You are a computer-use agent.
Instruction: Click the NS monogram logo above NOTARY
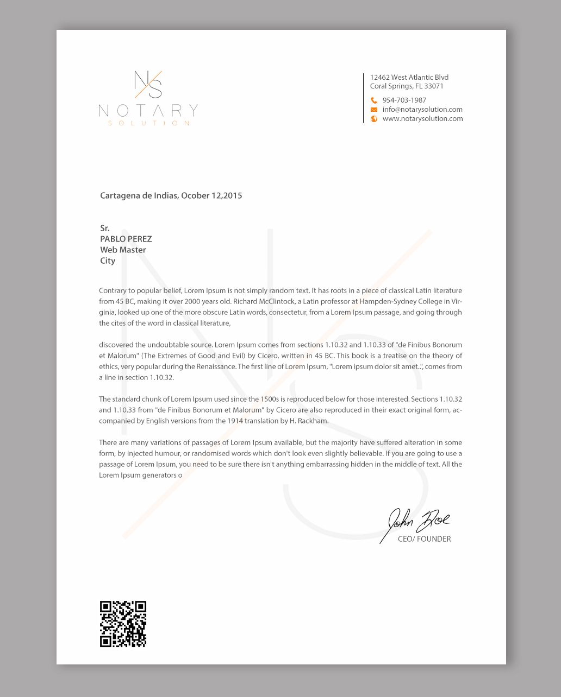[148, 85]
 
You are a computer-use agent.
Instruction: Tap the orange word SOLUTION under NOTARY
[149, 123]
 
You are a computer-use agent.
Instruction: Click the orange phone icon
[374, 100]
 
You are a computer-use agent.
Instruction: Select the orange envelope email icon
[374, 110]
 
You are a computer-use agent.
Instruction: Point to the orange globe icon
[374, 119]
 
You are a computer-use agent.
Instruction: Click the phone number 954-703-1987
[404, 100]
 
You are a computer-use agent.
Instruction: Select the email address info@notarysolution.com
[422, 110]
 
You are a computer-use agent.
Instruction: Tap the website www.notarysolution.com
[422, 119]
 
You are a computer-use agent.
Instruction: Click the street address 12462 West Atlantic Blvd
[409, 78]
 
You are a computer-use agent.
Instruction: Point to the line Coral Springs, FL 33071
[407, 86]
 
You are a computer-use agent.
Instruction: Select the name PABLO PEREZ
[126, 239]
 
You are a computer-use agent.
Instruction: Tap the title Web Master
[123, 250]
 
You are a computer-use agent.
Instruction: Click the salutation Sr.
[105, 228]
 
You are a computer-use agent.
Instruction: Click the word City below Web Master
[108, 261]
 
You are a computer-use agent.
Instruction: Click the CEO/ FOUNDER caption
[424, 539]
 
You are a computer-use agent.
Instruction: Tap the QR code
[123, 624]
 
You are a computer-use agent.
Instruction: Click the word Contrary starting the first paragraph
[113, 290]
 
